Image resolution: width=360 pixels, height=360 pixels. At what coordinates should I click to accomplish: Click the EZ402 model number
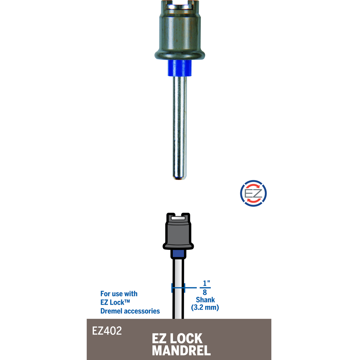click(107, 331)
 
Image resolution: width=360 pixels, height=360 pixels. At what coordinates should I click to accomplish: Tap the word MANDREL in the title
click(181, 351)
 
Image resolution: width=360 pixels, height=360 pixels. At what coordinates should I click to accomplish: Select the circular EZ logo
click(253, 193)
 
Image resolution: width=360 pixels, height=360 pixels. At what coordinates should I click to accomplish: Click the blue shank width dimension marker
click(178, 288)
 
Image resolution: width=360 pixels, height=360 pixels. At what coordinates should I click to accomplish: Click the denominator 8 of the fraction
click(205, 292)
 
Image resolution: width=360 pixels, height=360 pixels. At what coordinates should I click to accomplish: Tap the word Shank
click(205, 300)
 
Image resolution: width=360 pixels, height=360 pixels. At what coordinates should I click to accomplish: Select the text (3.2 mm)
click(205, 307)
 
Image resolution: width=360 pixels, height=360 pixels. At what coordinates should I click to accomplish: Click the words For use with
click(119, 294)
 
